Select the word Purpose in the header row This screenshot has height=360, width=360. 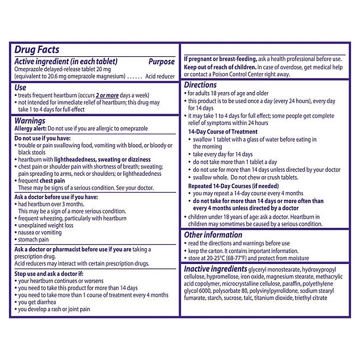point(161,62)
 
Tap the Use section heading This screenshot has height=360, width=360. point(20,87)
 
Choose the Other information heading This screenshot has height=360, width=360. point(213,235)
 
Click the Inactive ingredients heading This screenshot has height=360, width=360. point(216,269)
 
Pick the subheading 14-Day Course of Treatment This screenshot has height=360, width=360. point(223,132)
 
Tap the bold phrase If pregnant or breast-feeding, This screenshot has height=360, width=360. point(226,59)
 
